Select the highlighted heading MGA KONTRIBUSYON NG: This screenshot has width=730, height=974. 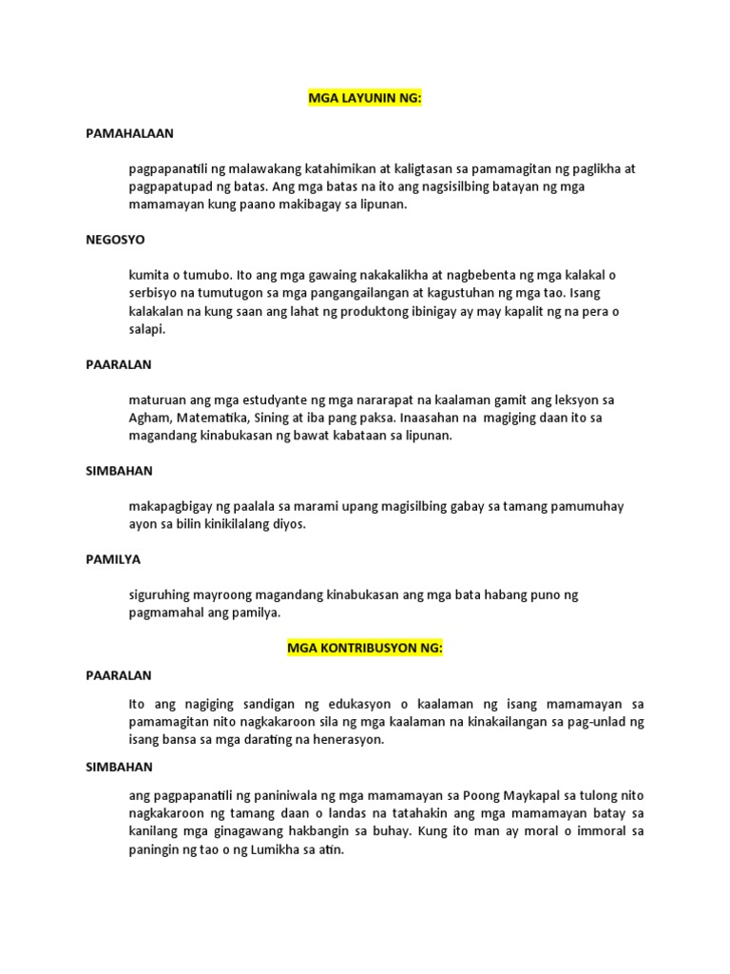tap(365, 649)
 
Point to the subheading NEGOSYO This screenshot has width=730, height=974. tap(115, 240)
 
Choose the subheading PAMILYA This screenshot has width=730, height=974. tap(113, 559)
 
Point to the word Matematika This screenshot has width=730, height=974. tap(222, 418)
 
